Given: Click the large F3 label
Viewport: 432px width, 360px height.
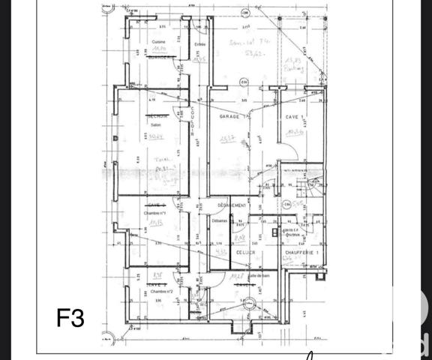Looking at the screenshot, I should click(x=71, y=317).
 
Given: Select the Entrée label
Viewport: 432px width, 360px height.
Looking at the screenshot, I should click(x=199, y=45).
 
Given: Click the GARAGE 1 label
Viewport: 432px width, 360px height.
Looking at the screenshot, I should click(x=234, y=118).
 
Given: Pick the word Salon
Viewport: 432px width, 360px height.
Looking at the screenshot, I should click(x=156, y=125).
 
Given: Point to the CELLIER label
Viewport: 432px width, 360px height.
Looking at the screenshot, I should click(x=245, y=253).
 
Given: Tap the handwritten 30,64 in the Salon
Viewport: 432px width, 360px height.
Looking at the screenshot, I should click(x=156, y=137).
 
